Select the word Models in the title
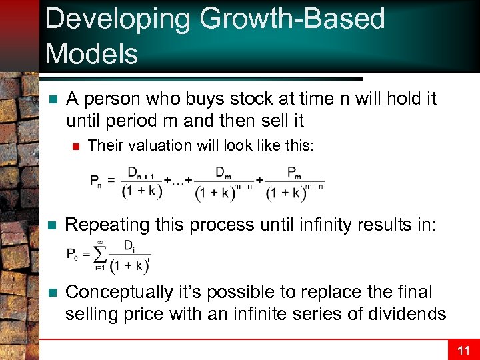tap(91, 53)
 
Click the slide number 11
tap(463, 350)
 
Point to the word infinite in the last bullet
tap(257, 313)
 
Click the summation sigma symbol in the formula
tap(101, 253)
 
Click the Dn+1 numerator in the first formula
tap(141, 173)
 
